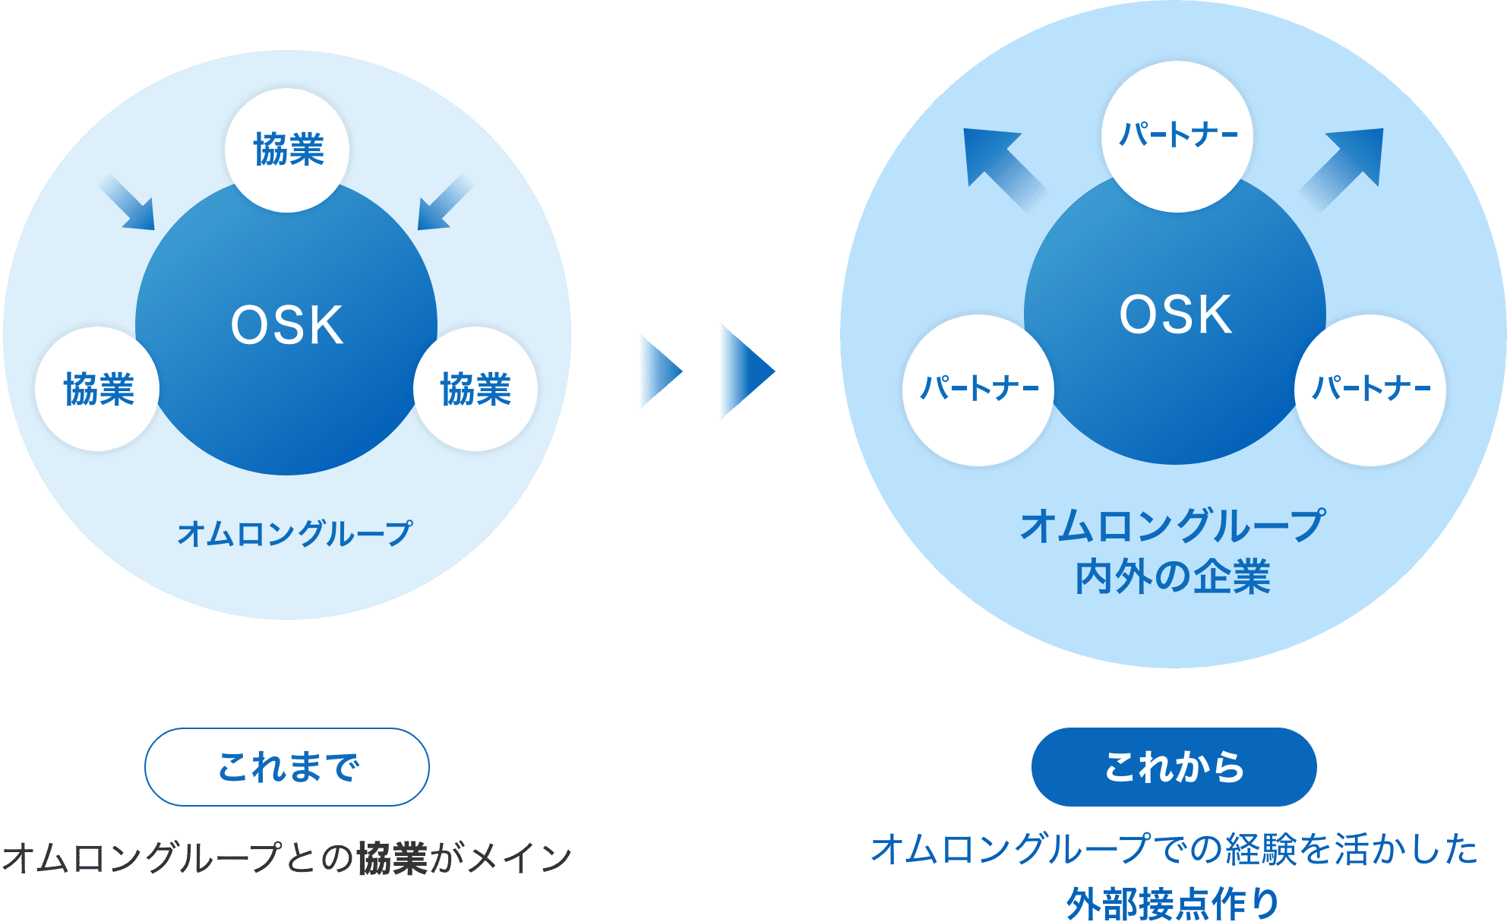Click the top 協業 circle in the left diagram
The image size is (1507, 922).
click(x=287, y=150)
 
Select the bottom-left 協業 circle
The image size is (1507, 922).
click(x=97, y=389)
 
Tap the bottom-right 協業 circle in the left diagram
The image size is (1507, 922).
click(x=475, y=389)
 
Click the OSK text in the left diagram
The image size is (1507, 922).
click(x=287, y=326)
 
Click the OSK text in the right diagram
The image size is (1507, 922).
click(x=1175, y=315)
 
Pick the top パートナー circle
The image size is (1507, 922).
click(x=1177, y=136)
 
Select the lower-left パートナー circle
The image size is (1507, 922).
click(x=978, y=390)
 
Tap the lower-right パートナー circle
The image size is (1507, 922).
click(x=1370, y=390)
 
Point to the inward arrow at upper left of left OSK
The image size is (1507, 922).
click(x=129, y=204)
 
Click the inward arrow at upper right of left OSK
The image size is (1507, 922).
click(x=444, y=204)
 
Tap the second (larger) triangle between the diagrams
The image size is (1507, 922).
click(x=745, y=371)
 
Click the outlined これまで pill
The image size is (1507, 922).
click(x=287, y=767)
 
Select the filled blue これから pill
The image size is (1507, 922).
click(x=1174, y=767)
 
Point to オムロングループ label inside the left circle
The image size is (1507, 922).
click(x=295, y=533)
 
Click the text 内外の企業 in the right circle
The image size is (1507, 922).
click(x=1173, y=577)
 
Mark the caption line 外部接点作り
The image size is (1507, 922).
click(x=1173, y=904)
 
